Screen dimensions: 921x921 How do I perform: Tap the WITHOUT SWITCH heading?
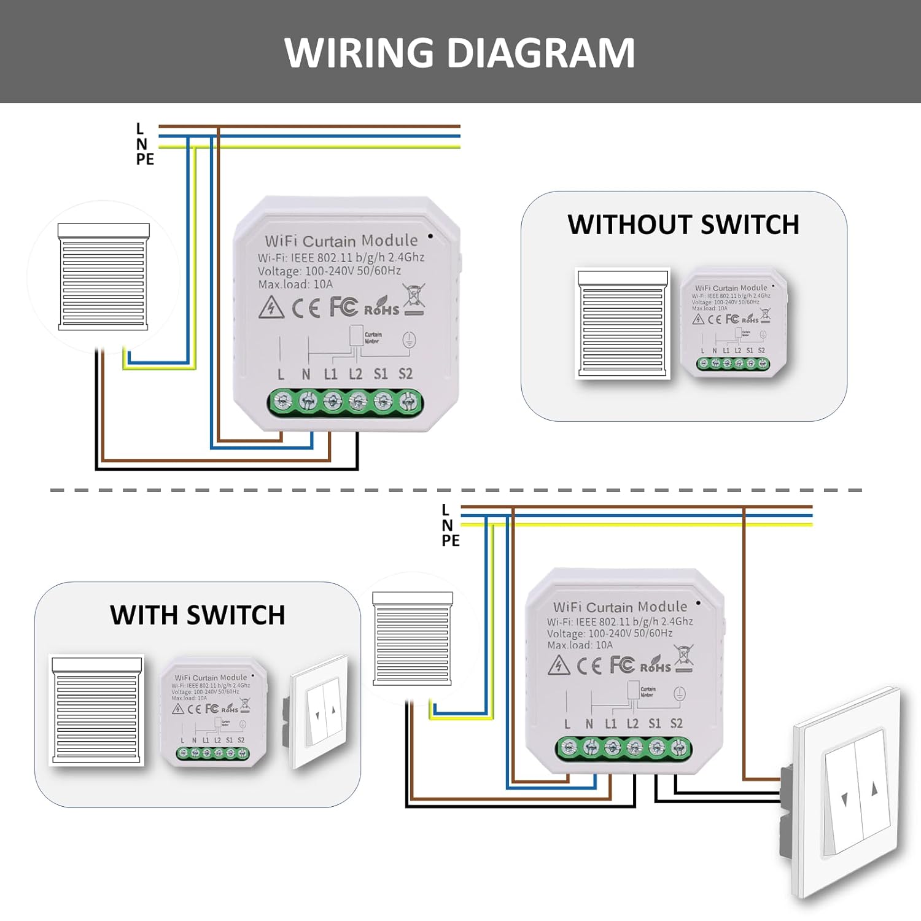tap(683, 225)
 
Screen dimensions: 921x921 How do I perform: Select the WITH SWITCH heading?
tap(197, 615)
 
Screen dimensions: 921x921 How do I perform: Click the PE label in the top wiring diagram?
tap(145, 159)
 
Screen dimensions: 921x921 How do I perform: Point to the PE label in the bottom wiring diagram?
tap(450, 540)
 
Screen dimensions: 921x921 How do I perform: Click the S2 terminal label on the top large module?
tap(405, 374)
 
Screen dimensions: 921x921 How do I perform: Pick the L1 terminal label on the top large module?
tap(330, 374)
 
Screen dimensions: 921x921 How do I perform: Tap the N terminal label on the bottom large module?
tap(589, 724)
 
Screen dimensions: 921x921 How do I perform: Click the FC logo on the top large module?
tap(343, 306)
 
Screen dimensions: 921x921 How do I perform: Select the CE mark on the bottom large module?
tap(589, 666)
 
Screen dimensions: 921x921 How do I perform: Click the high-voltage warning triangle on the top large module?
tap(271, 308)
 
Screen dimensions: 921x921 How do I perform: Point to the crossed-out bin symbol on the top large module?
tap(414, 298)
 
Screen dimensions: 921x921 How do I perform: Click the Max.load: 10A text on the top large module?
tap(295, 284)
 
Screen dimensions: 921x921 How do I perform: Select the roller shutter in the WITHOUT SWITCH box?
tap(622, 323)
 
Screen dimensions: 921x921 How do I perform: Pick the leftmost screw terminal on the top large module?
tap(282, 403)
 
